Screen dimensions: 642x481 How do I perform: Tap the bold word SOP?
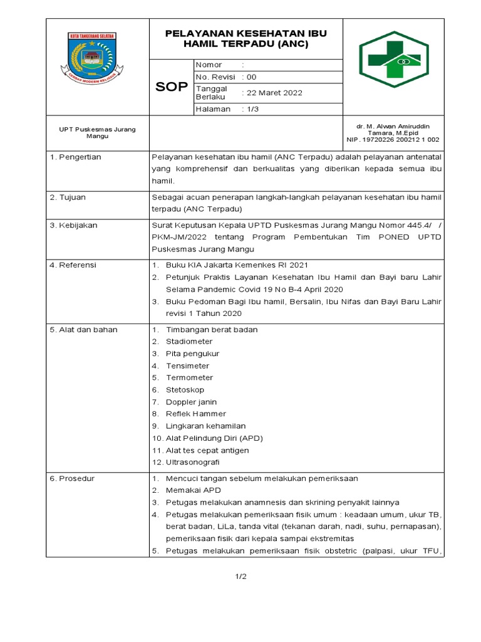tap(171, 87)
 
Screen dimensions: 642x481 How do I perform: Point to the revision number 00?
tap(252, 77)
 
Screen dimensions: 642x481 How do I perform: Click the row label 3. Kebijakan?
tap(73, 225)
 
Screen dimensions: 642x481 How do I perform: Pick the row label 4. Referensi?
tap(73, 265)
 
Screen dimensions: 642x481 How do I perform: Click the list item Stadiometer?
tap(189, 342)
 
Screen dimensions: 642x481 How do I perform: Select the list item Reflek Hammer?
tap(196, 414)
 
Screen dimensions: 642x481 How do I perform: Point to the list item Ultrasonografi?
tap(193, 462)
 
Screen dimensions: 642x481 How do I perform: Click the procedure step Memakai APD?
tap(194, 490)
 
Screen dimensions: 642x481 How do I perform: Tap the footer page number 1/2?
tap(241, 577)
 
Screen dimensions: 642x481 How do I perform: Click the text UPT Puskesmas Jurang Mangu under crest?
tap(97, 132)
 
